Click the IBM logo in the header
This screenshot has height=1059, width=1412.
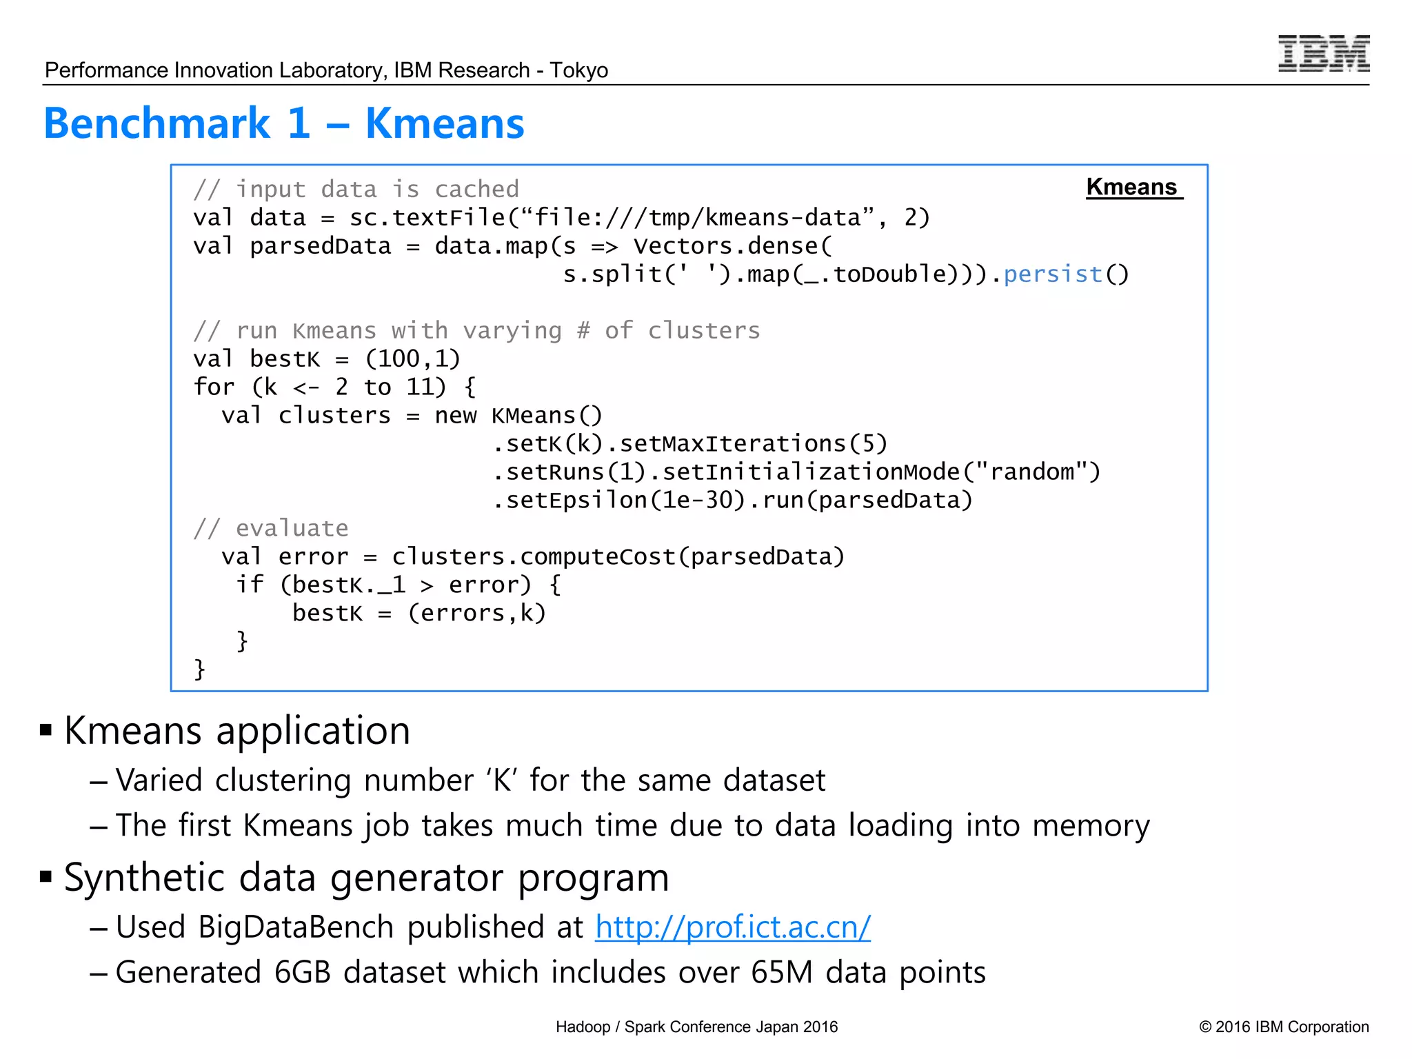pos(1323,54)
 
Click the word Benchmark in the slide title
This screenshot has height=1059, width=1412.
pos(157,123)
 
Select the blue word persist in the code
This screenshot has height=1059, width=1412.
pos(1052,274)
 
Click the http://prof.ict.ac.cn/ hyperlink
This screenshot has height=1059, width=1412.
pos(732,927)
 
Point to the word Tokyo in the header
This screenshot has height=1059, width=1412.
pos(578,70)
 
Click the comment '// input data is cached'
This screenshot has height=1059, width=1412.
pos(356,189)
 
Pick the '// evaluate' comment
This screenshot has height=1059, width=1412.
pos(270,528)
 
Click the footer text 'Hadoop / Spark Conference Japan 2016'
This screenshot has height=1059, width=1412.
pos(696,1027)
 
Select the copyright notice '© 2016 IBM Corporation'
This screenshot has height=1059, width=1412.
pos(1283,1027)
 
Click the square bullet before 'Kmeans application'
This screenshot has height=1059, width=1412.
pos(46,730)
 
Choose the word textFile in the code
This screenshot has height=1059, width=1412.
pos(448,218)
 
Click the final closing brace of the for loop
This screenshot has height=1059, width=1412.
pos(199,669)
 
